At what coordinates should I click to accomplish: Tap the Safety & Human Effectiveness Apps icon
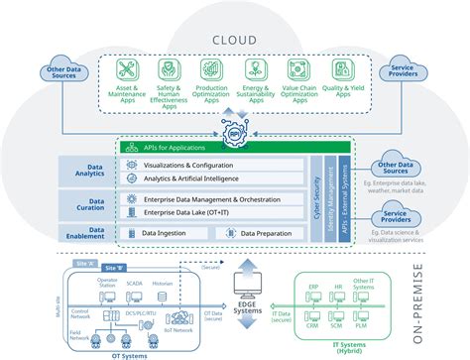click(172, 70)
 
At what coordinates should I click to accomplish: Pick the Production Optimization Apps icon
click(212, 70)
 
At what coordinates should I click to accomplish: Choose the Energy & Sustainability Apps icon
click(254, 70)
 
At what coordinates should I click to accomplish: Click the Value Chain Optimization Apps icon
click(296, 70)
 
